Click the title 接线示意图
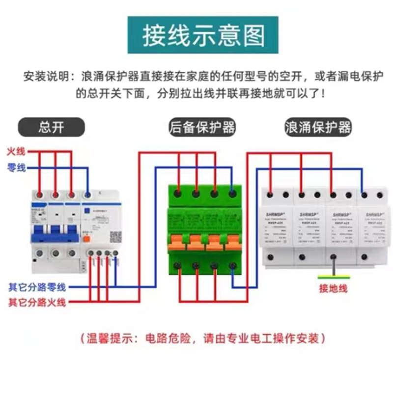pos(203,35)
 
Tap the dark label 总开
pos(52,127)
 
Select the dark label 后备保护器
pos(202,127)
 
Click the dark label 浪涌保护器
pos(318,127)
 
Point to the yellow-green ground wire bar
pos(334,277)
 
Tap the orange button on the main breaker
pos(86,239)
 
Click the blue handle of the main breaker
pos(55,236)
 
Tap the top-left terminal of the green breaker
pos(178,194)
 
